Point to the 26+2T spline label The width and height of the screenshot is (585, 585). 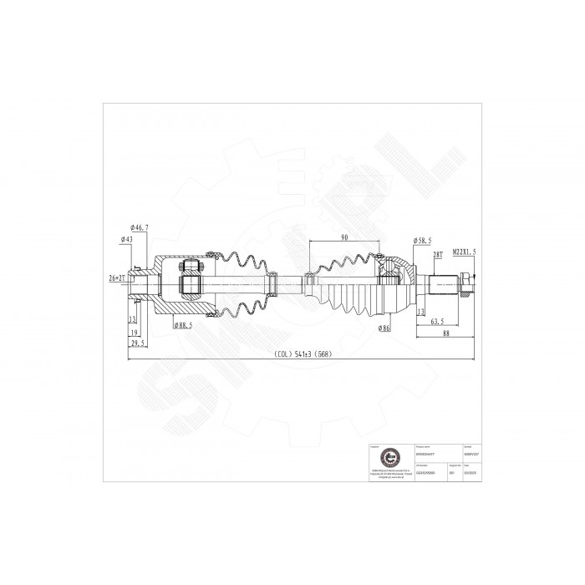pos(117,277)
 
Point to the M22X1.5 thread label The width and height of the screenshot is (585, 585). pos(465,251)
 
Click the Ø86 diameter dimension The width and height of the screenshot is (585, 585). pos(385,328)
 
